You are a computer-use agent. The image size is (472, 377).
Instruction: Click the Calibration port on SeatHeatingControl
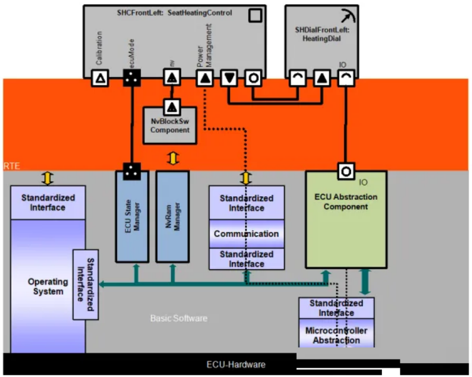(x=99, y=78)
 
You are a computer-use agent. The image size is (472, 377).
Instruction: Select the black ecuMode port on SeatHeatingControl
(x=132, y=78)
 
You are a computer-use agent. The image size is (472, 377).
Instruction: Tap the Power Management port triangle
(x=205, y=78)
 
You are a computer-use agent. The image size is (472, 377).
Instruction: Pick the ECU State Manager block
(x=132, y=217)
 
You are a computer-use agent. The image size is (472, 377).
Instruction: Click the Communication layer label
(x=246, y=234)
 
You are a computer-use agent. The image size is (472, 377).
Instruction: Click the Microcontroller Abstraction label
(x=336, y=335)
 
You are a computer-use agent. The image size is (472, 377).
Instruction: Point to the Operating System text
(x=48, y=286)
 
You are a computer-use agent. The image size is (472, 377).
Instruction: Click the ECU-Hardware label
(x=236, y=364)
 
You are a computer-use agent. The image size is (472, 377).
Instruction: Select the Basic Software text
(x=178, y=318)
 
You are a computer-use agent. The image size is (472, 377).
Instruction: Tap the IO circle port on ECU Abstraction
(x=346, y=172)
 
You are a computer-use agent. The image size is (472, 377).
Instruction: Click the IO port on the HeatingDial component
(x=346, y=78)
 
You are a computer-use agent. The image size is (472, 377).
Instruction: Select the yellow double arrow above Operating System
(x=48, y=178)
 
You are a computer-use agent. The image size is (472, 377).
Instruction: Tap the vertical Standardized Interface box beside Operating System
(x=86, y=284)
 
